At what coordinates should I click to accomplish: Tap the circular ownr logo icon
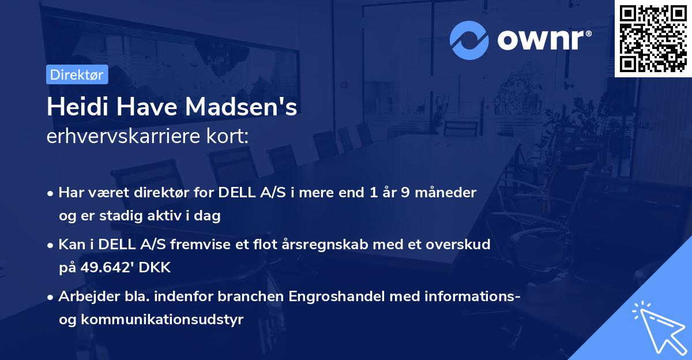[468, 40]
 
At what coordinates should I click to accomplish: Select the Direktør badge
[77, 75]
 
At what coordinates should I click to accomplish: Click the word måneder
[446, 193]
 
